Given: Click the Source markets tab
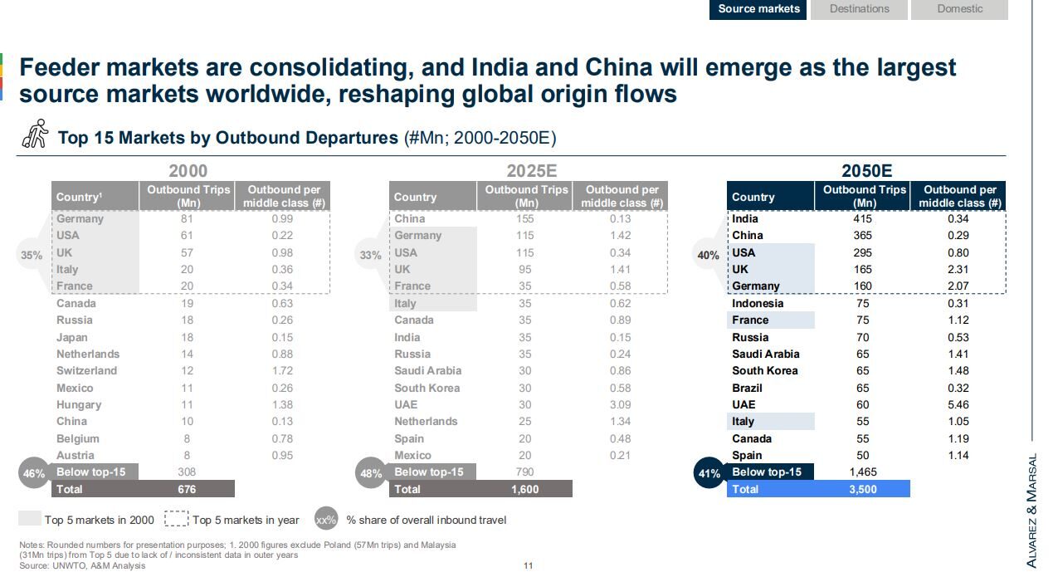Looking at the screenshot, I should pos(758,9).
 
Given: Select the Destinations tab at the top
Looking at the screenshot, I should pos(859,9).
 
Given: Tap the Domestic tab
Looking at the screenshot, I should pos(959,9).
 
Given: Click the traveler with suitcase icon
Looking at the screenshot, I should pos(35,135).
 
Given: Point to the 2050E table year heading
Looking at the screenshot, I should pos(866,171).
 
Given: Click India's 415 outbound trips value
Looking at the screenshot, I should pos(863,219).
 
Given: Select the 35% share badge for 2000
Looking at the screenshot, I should pos(32,256).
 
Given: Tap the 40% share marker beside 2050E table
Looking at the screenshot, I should pos(708,256).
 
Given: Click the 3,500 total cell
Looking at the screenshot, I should pos(863,490).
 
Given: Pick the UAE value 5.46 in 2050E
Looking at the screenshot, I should pos(959,405).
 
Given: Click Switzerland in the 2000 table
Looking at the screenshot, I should pos(86,371).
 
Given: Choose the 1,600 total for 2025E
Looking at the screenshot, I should pos(525,490).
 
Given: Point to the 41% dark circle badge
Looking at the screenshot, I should pos(709,474).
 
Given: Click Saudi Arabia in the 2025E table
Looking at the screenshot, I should pos(427,371).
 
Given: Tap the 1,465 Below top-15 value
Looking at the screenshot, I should pos(863,472).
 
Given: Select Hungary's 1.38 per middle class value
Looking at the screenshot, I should pos(282,405).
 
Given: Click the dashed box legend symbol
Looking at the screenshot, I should pos(176,520).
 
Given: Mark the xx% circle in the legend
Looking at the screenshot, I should pos(326,521).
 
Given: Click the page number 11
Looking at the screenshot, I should pos(528,566).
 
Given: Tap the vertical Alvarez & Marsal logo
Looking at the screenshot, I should pos(1032,511).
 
